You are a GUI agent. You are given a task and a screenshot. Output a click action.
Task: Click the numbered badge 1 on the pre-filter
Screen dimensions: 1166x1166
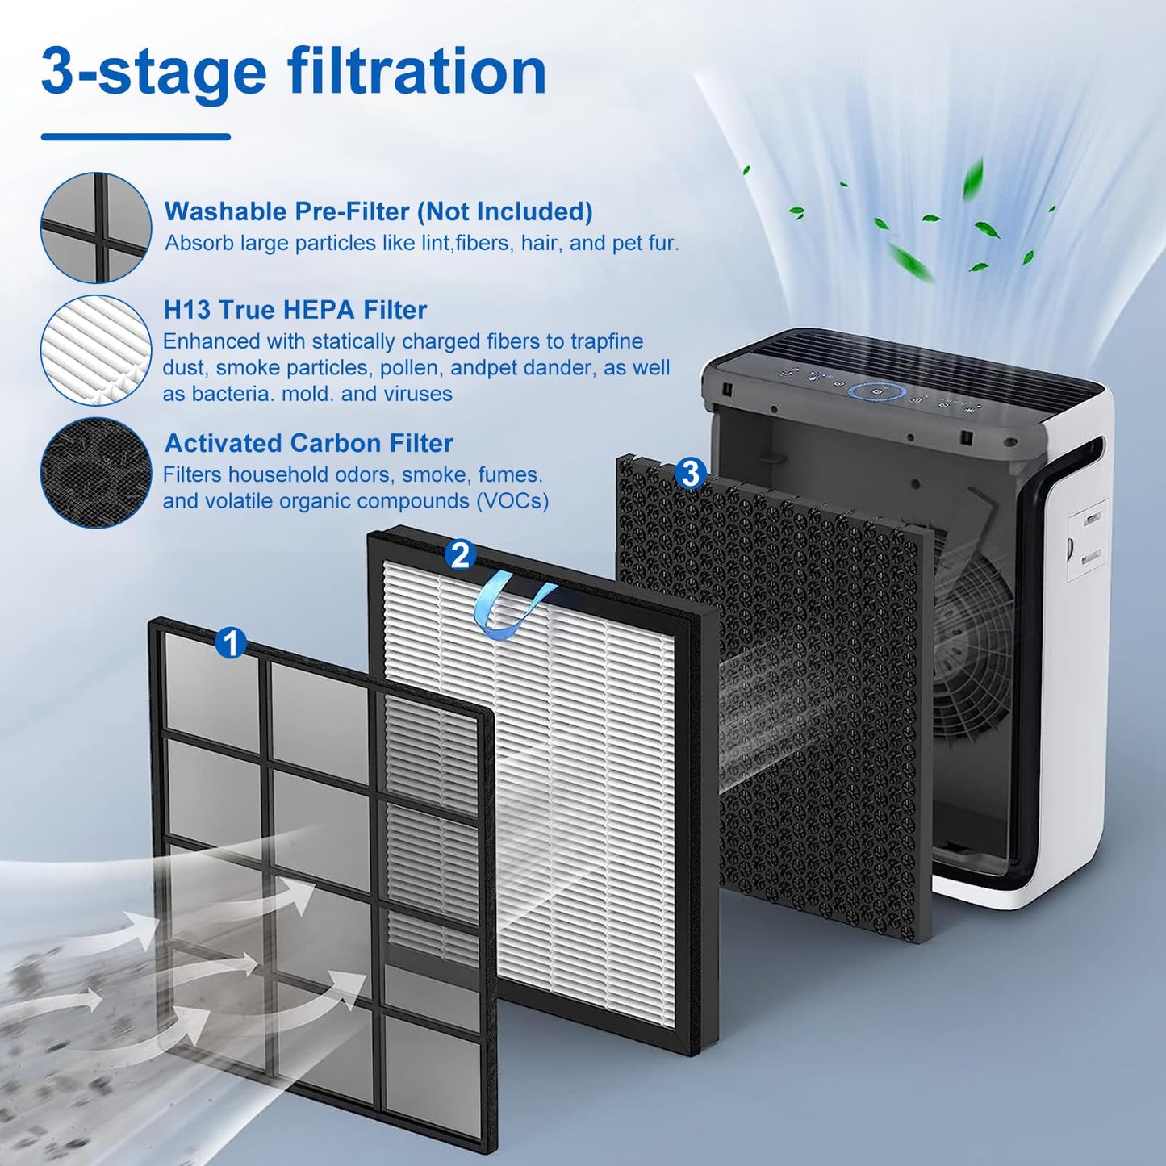231,642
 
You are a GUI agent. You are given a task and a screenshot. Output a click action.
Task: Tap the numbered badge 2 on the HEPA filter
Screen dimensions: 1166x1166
460,554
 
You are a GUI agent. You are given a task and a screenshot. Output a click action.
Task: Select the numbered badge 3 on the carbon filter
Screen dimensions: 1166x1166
690,473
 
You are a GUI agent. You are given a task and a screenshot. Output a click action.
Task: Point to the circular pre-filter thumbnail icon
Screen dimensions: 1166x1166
95,228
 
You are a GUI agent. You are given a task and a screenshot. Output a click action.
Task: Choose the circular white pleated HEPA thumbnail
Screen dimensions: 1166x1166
95,350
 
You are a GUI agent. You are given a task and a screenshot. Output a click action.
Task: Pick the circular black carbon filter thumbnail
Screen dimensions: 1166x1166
95,472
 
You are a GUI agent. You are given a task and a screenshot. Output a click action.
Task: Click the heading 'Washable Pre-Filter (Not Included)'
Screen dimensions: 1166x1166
378,211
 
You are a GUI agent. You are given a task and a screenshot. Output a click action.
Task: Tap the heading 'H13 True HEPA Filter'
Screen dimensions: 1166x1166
295,310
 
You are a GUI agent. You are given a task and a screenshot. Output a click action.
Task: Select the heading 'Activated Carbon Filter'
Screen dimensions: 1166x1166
308,444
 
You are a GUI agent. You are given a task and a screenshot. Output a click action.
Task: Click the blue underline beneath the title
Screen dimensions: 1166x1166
136,136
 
